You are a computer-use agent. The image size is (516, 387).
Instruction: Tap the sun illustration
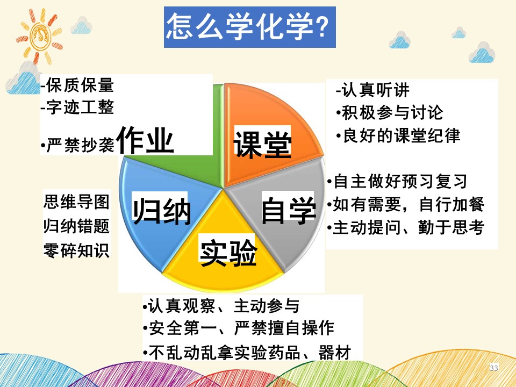(39, 35)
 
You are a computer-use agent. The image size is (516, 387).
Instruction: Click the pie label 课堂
(263, 144)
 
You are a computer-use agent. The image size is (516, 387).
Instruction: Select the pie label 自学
(288, 210)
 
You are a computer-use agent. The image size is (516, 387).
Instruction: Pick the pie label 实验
(228, 252)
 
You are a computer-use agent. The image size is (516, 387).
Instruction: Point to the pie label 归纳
(161, 211)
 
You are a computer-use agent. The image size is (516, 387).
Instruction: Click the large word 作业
(145, 140)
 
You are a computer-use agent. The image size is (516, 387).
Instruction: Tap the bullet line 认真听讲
(372, 90)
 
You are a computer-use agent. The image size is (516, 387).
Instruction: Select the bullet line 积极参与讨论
(390, 112)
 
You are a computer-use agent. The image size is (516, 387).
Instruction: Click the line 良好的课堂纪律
(398, 135)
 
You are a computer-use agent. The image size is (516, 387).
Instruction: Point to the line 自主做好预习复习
(397, 181)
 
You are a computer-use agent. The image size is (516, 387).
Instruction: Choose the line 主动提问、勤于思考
(405, 227)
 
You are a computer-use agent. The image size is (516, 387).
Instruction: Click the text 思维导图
(76, 202)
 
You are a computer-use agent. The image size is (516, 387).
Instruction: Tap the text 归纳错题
(76, 226)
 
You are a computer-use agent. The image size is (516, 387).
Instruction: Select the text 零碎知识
(76, 250)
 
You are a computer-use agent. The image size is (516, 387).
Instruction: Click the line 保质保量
(77, 85)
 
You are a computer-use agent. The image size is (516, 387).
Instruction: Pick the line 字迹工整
(77, 107)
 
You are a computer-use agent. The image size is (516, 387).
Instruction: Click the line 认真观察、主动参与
(221, 306)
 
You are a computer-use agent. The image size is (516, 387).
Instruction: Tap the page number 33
(494, 368)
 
